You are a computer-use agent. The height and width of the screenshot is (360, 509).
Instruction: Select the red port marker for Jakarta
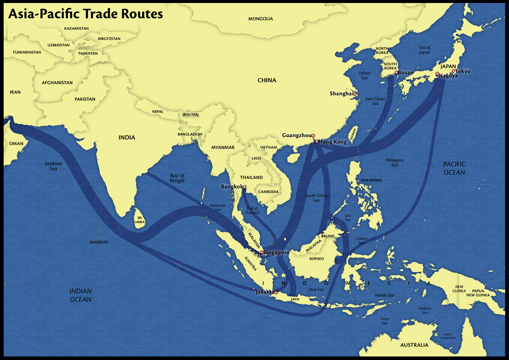pos(276,292)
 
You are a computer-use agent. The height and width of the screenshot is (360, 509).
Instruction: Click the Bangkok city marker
pos(244,187)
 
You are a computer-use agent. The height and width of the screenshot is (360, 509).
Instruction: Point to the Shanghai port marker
pos(355,94)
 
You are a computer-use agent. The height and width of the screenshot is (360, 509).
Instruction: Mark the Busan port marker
pos(396,73)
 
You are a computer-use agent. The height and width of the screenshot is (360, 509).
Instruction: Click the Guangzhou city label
pos(296,135)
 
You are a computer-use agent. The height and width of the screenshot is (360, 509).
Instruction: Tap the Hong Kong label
pos(333,142)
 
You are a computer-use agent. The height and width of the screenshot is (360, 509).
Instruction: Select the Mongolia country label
pos(261,19)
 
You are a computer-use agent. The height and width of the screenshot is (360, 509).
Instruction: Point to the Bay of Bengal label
pos(177,178)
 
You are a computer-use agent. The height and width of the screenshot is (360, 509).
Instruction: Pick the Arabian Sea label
pos(53,166)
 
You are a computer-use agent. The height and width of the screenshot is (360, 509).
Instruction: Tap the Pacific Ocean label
pos(454,168)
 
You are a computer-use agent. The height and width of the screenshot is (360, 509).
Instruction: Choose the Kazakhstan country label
pos(76,28)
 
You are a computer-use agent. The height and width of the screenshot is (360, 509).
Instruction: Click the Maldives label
pos(99,242)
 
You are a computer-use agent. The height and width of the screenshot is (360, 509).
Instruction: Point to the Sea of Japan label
pos(425,50)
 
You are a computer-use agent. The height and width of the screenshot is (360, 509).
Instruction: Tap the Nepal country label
pos(157,112)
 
